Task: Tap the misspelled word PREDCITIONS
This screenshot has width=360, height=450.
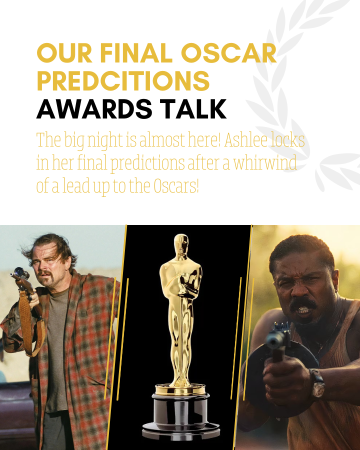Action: pyautogui.click(x=123, y=81)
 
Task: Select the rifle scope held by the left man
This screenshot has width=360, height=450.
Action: pyautogui.click(x=20, y=273)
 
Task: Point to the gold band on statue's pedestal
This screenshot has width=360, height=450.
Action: pyautogui.click(x=180, y=389)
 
